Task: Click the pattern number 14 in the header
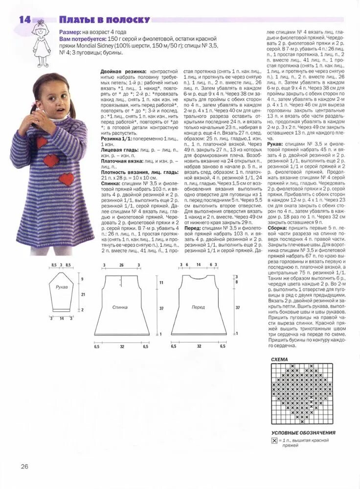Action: [x=24, y=20]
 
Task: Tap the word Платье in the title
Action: [x=76, y=20]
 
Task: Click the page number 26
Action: [x=24, y=466]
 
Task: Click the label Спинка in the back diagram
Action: [x=120, y=307]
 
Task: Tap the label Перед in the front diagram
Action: [x=198, y=307]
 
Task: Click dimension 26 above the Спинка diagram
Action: [x=121, y=265]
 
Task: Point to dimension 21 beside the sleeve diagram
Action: [x=83, y=294]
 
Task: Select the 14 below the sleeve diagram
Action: [x=62, y=318]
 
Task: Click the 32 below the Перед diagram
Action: [x=199, y=346]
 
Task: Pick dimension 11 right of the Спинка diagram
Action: [x=160, y=283]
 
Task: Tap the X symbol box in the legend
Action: [x=274, y=441]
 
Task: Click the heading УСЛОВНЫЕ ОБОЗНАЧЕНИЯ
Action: [x=303, y=433]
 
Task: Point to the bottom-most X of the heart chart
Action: [x=302, y=421]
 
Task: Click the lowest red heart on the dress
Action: [x=67, y=179]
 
